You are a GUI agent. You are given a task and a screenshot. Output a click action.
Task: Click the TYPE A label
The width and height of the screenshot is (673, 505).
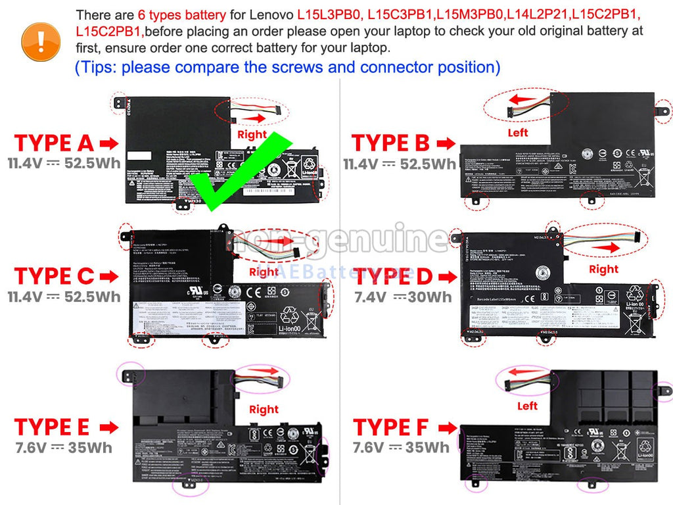[x=55, y=143]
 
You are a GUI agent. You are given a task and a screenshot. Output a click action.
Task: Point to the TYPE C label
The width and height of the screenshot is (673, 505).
[x=55, y=276]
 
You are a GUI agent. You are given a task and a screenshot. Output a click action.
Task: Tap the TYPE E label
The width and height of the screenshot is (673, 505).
[x=52, y=427]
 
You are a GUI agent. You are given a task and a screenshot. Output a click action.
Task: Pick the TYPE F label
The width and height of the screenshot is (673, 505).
[x=390, y=427]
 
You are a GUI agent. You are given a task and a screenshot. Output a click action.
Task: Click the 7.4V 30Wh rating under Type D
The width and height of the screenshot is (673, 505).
[x=404, y=297]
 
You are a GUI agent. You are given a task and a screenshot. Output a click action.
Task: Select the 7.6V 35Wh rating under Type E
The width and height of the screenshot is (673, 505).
[x=64, y=448]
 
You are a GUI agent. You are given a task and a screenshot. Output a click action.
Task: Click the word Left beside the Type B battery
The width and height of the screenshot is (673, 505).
[x=518, y=132]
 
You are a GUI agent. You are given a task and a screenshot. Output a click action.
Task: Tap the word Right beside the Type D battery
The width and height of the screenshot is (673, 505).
[x=603, y=268]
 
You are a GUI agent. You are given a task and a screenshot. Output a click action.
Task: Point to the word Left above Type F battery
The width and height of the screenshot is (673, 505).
[x=527, y=406]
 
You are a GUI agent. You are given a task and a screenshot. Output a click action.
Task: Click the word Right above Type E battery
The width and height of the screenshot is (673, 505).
[x=264, y=409]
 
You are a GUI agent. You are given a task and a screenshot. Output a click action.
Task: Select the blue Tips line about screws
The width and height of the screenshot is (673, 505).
[x=287, y=67]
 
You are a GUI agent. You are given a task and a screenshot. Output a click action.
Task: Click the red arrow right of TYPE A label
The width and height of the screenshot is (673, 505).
[x=109, y=143]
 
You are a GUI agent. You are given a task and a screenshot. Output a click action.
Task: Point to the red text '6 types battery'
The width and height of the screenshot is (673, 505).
[x=182, y=14]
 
